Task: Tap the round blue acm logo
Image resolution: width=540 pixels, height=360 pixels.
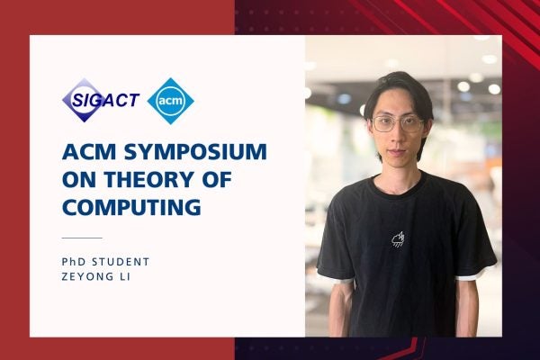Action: (170, 100)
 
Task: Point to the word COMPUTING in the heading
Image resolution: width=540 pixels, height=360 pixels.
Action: (130, 208)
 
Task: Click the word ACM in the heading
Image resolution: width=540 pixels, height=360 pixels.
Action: (86, 149)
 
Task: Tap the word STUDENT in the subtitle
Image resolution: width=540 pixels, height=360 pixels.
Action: (122, 261)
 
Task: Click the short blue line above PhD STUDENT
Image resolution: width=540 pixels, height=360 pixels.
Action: (81, 238)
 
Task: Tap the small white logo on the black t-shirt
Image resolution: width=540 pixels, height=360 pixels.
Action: (398, 238)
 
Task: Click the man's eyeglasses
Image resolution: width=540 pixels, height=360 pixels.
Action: (397, 123)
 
